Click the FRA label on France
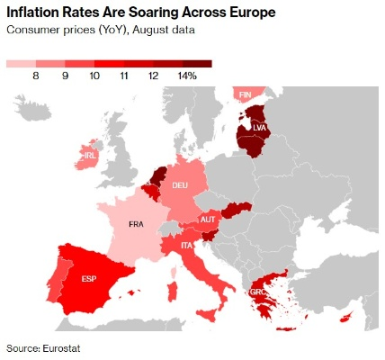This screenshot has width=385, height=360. click(x=136, y=224)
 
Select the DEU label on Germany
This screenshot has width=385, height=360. click(x=180, y=184)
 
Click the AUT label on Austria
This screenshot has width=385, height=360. click(x=207, y=220)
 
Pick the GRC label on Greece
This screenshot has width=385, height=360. click(x=257, y=292)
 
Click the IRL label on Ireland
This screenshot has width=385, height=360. click(x=90, y=155)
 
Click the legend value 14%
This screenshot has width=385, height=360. click(x=186, y=76)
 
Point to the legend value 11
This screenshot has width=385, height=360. click(x=124, y=76)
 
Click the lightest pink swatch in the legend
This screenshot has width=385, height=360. click(x=21, y=64)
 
